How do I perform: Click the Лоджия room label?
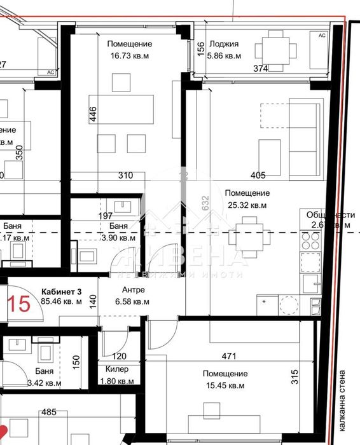225,44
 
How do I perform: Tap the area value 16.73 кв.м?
129,56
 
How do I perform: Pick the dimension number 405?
258,175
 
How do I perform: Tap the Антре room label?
127,291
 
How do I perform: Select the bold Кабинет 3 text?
61,291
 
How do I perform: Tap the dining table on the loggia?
275,49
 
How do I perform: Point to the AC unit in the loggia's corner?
322,36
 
